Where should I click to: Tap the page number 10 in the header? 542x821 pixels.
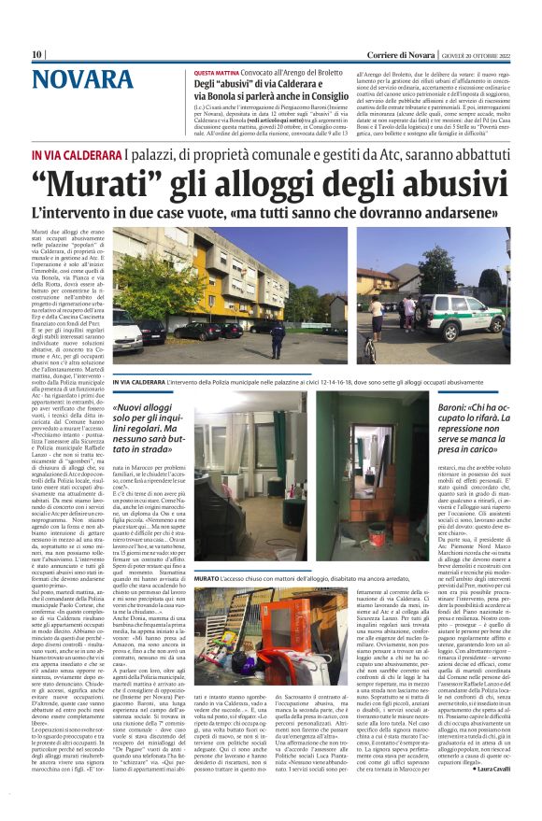tap(36, 54)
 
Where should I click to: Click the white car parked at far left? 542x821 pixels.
tap(124, 328)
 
